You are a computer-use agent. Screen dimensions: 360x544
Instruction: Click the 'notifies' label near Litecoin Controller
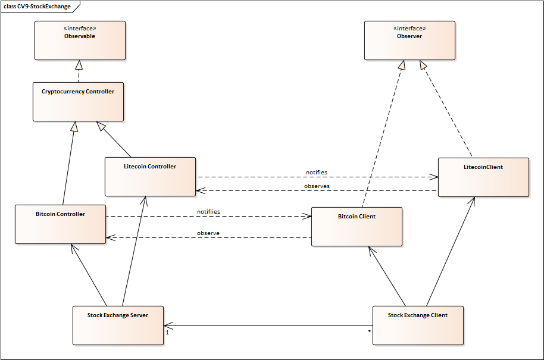316,173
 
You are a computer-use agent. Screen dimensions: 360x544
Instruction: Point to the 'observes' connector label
317,186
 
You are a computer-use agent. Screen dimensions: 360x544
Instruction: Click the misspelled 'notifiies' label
208,212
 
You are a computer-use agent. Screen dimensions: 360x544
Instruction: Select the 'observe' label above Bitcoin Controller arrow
208,233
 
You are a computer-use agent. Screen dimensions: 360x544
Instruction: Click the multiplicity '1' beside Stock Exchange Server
167,333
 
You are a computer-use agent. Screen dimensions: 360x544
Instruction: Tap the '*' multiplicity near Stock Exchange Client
369,331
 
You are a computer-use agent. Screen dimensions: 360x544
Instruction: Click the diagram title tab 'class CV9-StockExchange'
37,7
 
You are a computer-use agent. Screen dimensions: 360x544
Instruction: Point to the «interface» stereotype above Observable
80,28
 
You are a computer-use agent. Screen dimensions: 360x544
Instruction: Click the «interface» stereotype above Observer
409,28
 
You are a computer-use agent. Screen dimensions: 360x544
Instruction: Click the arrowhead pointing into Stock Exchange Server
168,325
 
